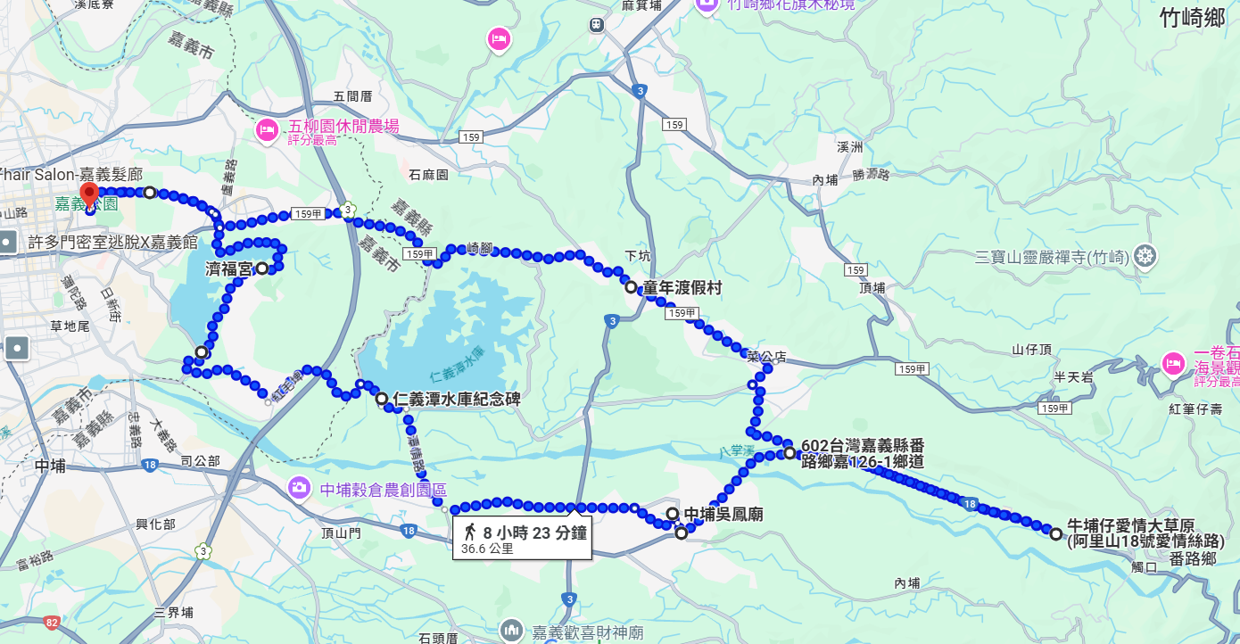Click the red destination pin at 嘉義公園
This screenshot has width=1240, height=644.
(x=88, y=194)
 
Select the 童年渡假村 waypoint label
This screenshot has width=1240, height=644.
(x=682, y=288)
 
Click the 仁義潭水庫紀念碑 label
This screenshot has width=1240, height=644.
(x=456, y=399)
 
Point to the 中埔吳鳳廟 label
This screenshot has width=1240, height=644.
(x=723, y=514)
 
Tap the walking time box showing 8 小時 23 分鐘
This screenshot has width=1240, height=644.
(x=523, y=539)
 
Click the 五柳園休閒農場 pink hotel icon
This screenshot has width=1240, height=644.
(x=266, y=130)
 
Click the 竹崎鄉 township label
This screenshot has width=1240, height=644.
(x=1193, y=18)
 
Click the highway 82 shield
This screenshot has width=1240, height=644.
(x=52, y=622)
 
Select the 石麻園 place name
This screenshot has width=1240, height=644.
(x=428, y=175)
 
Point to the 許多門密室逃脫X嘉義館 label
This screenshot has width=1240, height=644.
(x=112, y=242)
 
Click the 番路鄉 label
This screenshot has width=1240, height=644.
(x=1193, y=559)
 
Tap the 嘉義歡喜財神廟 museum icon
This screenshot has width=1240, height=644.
(x=512, y=631)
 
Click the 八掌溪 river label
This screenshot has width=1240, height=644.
(x=737, y=452)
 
